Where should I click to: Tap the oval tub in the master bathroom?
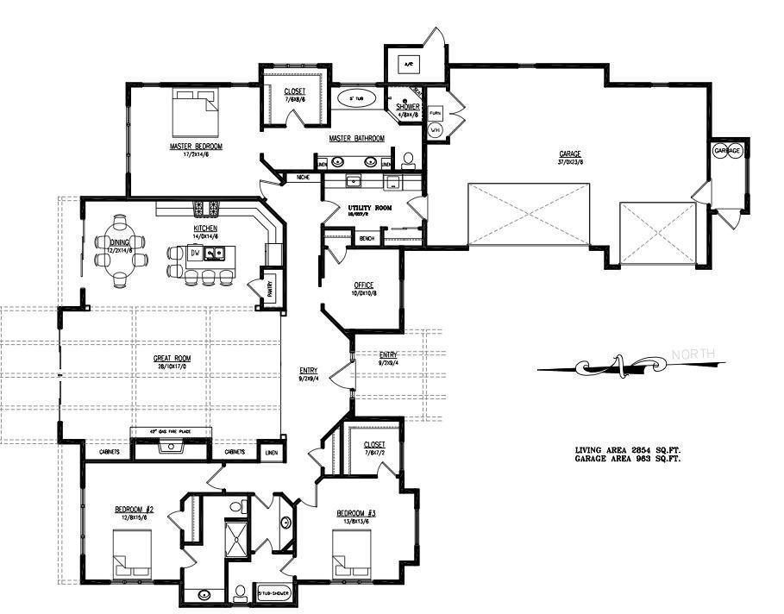coord(354,99)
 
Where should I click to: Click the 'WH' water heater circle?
coord(436,130)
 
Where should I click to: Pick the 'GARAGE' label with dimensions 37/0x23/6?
coord(570,154)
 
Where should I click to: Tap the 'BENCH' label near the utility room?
coord(367,238)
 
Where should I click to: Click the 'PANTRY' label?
coord(268,289)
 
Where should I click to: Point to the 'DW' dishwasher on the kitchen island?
coord(197,254)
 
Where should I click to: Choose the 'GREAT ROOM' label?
coord(172,359)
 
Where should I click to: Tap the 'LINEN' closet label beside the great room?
coord(272,452)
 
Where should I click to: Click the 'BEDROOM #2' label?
coord(133,510)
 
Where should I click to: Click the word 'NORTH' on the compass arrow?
coord(693,354)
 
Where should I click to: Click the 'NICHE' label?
coord(303,178)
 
